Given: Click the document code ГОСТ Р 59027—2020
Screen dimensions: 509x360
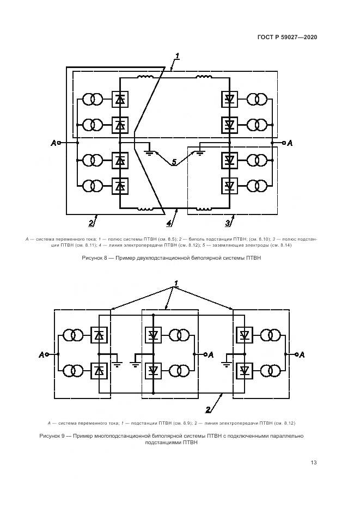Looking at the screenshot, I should pos(286,37).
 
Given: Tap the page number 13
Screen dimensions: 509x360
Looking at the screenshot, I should pos(314,463).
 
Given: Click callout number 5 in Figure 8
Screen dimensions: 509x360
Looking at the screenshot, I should pos(174,162).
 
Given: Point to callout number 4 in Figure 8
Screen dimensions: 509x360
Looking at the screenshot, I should pos(169,223).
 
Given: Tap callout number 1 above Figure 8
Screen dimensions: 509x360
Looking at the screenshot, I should pos(178,56).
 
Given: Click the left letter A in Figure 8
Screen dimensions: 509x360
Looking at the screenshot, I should pos(53,143).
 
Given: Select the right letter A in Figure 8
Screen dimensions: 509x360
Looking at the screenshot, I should pos(290,143).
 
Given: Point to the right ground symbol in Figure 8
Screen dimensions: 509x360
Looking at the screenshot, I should pos(200,151).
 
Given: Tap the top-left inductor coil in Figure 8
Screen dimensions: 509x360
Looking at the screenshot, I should pos(145,77).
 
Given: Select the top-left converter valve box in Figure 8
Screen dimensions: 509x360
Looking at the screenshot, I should pos(120,99).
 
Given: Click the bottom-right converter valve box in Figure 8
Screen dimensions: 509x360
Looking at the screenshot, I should pos(229,186).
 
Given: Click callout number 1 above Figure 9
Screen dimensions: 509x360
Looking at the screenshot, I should pos(176,283).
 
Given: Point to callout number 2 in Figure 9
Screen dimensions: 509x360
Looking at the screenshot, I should pos(208,409).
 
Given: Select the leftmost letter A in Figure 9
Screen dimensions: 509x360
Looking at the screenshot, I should pos(41,355).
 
